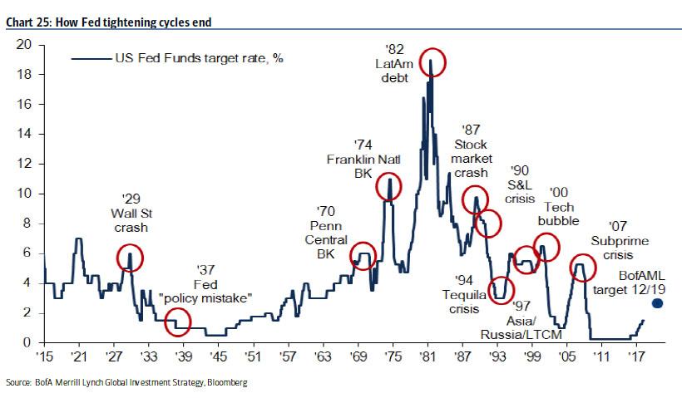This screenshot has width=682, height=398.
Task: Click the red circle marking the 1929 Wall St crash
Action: (x=130, y=258)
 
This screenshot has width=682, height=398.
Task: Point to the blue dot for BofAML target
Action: (x=657, y=303)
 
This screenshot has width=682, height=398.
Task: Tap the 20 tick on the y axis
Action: (x=24, y=45)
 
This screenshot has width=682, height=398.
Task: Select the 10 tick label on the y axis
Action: (x=24, y=194)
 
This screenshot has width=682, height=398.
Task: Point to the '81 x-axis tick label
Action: (x=427, y=357)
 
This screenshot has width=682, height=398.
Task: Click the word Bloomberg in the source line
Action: (x=224, y=383)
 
